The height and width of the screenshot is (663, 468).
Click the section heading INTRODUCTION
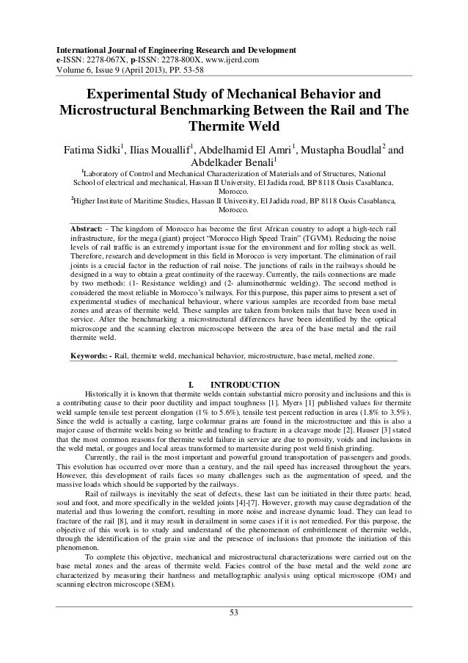click(x=244, y=384)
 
